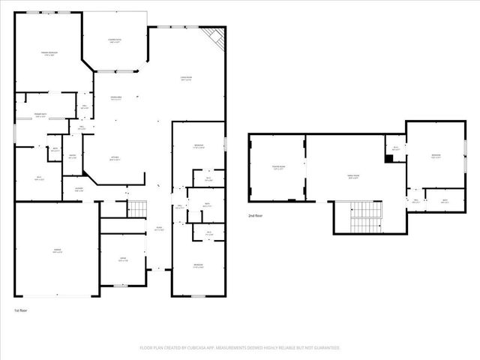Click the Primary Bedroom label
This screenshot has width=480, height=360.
[50, 53]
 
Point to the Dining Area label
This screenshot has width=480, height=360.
[116, 98]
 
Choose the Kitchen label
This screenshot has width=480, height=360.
[114, 158]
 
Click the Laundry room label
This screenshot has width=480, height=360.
[78, 190]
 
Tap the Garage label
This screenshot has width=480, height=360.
[56, 250]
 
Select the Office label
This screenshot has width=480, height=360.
[121, 259]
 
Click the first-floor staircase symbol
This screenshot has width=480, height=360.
[136, 208]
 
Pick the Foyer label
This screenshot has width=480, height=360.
[159, 229]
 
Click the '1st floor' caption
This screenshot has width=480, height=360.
[22, 310]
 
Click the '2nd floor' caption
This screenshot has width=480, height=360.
[256, 215]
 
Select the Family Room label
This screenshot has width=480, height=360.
[352, 177]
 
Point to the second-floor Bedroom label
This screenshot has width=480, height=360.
[436, 156]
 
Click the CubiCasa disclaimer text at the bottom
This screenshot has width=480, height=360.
[240, 347]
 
